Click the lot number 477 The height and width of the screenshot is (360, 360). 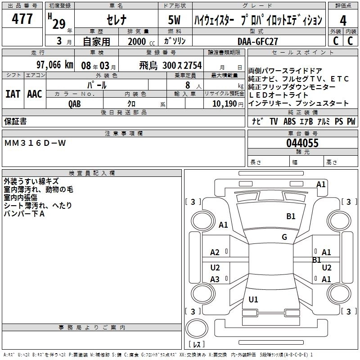[x=22, y=19]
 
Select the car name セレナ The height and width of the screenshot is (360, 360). [x=116, y=20]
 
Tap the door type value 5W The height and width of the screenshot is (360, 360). [x=175, y=20]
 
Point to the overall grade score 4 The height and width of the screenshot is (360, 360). [x=343, y=20]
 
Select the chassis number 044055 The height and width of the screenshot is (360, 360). [x=302, y=144]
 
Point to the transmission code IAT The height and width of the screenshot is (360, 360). [x=13, y=94]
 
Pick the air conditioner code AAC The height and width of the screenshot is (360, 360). [x=34, y=94]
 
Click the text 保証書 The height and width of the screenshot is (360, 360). [x=15, y=121]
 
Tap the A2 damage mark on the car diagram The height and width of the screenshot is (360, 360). [x=215, y=252]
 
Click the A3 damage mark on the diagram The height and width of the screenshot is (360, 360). [x=215, y=279]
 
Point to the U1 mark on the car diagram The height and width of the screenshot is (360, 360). [x=253, y=300]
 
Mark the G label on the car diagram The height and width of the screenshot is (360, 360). [x=284, y=237]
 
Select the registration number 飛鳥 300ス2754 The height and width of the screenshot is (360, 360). [x=170, y=65]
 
